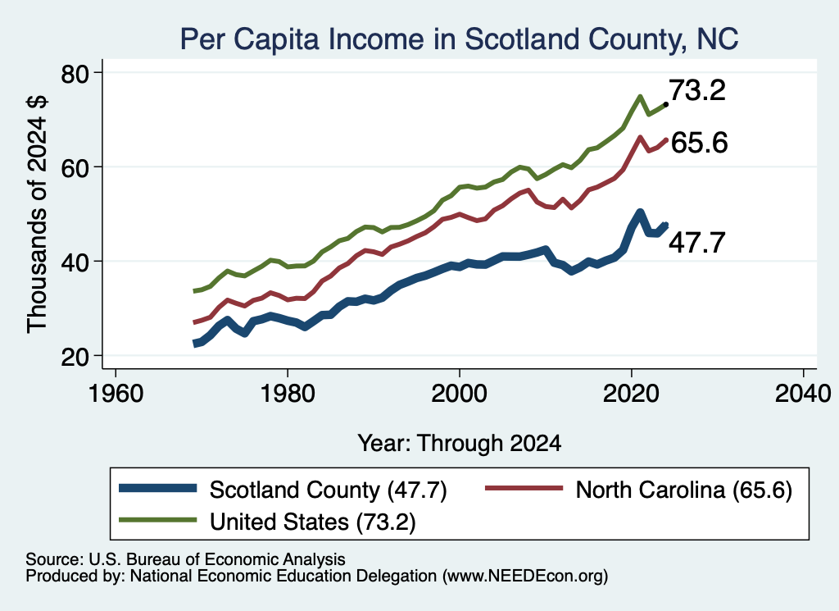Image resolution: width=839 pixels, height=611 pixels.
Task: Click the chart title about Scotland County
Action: pos(459,39)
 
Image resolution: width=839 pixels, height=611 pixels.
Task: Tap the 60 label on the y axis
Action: pos(75,167)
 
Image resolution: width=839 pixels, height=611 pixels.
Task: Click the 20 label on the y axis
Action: pos(75,356)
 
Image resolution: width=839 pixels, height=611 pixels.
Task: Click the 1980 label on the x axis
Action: pos(288,394)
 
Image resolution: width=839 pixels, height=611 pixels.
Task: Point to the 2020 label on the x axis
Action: pos(632,394)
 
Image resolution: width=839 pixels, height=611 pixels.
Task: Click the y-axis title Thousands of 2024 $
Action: pos(37,214)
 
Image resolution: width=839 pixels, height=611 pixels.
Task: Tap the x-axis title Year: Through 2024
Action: pos(460,444)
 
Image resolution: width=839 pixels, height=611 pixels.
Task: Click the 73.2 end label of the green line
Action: pos(697,90)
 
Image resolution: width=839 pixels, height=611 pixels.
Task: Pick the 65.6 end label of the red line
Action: pos(700,143)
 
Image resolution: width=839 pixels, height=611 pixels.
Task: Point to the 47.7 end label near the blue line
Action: pos(697,243)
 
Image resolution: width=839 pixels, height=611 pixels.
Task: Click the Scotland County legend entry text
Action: pos(328,490)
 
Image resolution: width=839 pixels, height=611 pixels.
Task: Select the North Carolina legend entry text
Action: pos(684,490)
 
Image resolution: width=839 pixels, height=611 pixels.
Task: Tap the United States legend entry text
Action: pos(312,522)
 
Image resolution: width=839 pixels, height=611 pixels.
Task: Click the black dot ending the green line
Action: pos(665,104)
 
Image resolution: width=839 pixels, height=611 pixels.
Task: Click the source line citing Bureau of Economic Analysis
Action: pos(185,559)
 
